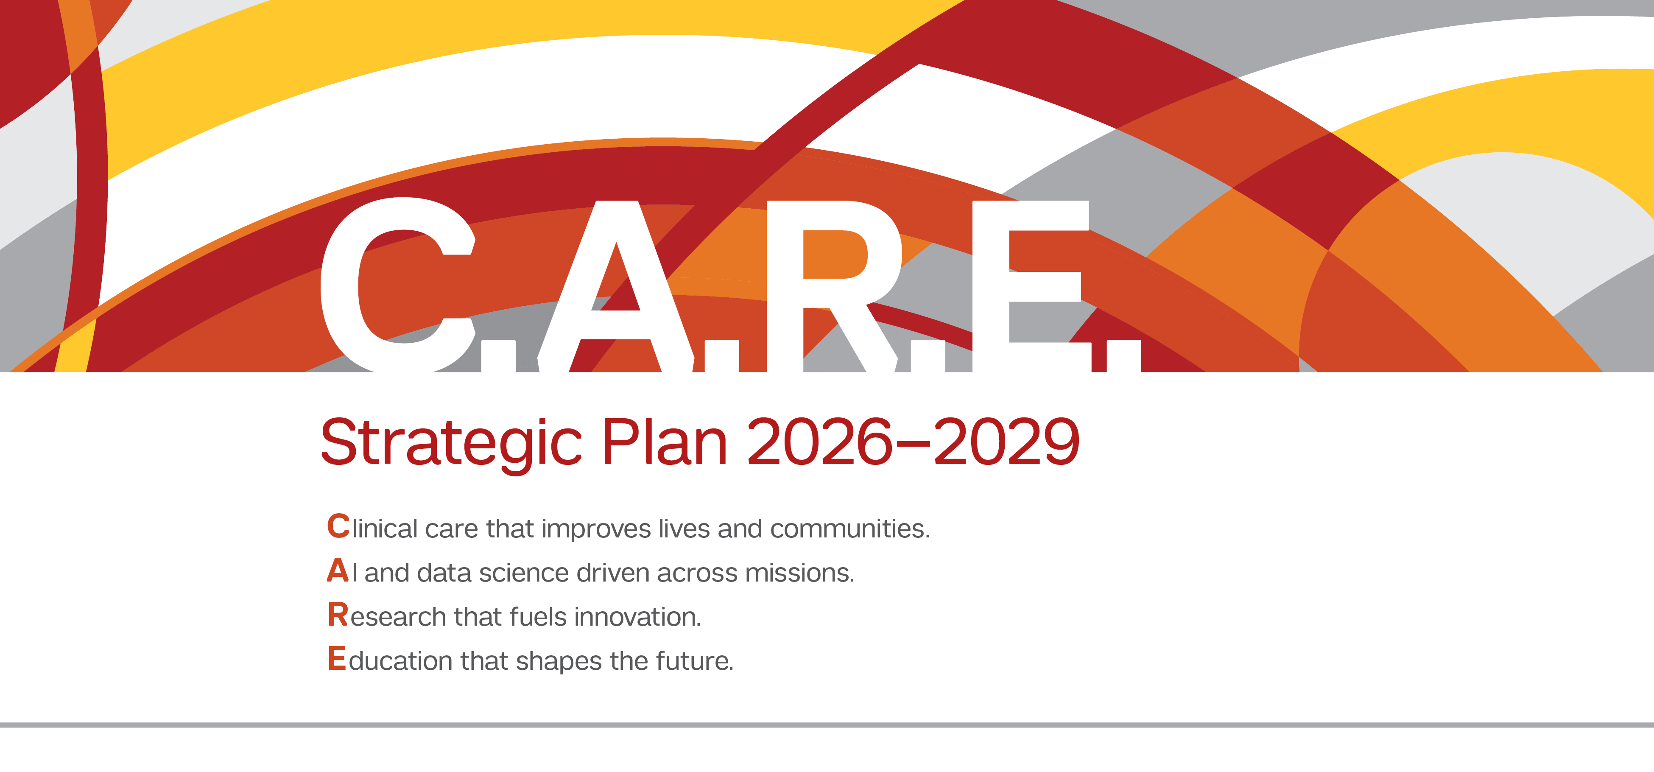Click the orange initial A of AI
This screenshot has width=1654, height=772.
pyautogui.click(x=338, y=571)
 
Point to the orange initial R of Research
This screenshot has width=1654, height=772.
pyautogui.click(x=338, y=615)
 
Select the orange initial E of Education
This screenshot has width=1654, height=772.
pyautogui.click(x=336, y=659)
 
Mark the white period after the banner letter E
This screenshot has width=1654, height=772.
pyautogui.click(x=1123, y=356)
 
